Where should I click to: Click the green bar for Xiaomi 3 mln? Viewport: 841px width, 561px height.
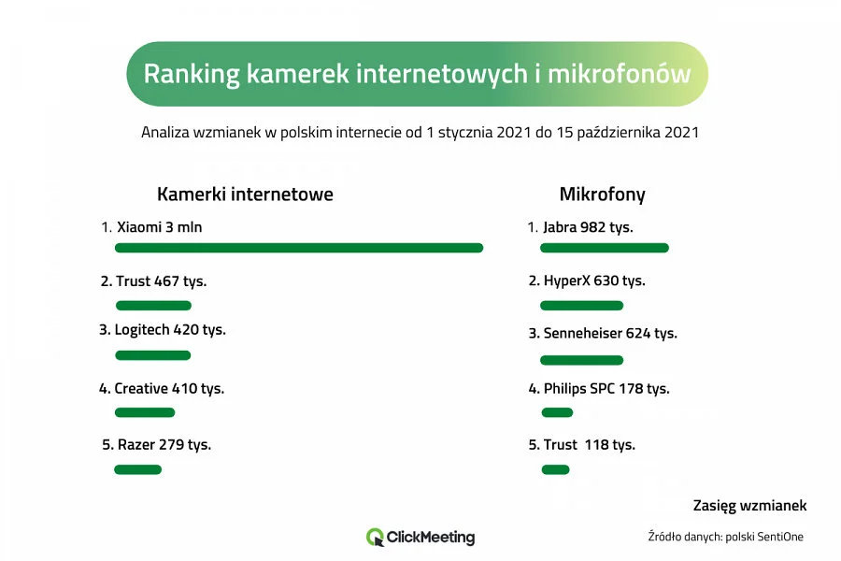tap(299, 248)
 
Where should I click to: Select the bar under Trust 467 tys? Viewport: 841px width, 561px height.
tap(153, 306)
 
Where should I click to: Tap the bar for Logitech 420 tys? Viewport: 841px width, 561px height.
tap(152, 355)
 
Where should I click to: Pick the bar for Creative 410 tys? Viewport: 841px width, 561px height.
tap(145, 412)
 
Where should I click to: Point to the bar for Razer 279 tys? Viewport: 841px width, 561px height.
tap(137, 469)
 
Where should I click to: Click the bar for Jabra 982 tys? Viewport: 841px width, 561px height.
tap(605, 248)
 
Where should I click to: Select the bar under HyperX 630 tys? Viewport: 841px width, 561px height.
tap(581, 306)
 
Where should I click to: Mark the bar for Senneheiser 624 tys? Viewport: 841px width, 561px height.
tap(581, 360)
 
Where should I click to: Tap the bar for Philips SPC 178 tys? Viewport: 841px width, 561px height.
tap(557, 412)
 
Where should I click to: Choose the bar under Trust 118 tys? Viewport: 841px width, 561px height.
tap(555, 469)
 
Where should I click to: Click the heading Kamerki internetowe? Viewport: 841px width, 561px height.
tap(245, 194)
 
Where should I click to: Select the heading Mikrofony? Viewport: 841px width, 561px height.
tap(602, 194)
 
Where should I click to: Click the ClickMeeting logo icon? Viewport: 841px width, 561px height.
tap(375, 538)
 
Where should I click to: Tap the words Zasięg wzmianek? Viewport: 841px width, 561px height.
tap(749, 506)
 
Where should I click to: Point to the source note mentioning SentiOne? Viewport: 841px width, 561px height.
tap(725, 537)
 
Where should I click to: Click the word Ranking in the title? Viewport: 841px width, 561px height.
tap(192, 74)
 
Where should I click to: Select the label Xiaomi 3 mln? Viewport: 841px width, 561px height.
tap(159, 227)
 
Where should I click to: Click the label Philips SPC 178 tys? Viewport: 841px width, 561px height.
tap(606, 389)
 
